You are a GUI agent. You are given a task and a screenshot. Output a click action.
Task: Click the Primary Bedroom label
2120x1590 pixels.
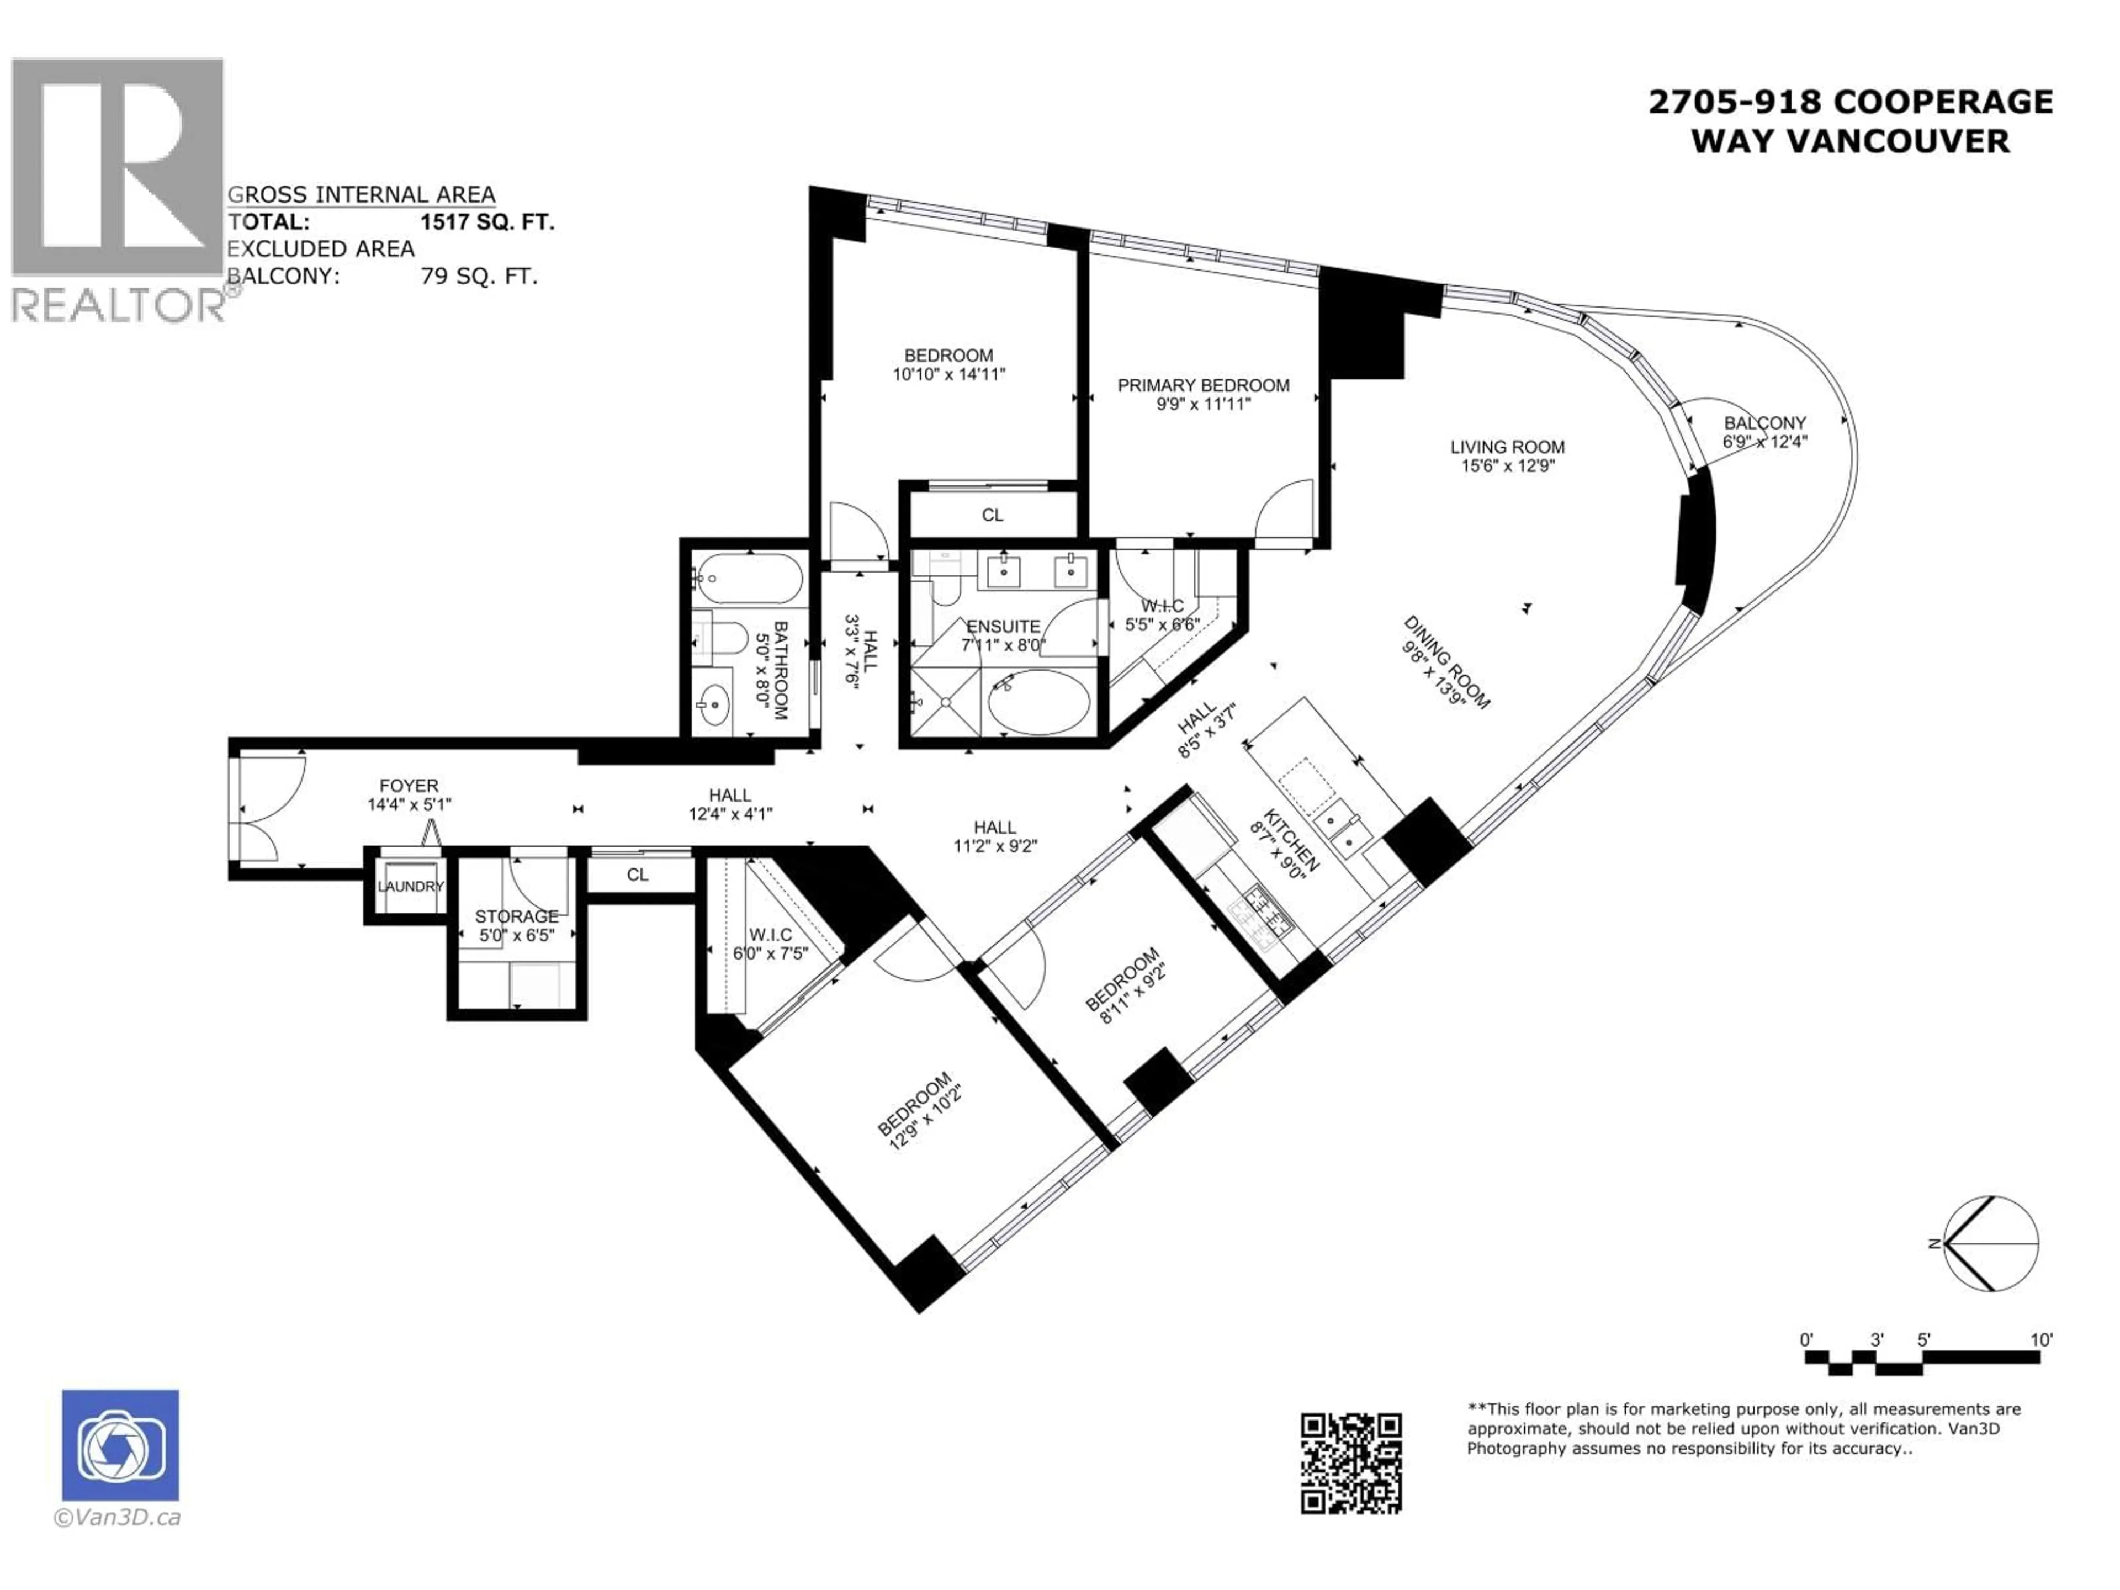(x=1203, y=385)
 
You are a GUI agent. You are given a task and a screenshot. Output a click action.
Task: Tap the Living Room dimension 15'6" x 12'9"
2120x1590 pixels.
(x=1507, y=466)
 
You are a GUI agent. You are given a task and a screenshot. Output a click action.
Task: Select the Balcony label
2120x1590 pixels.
(x=1764, y=423)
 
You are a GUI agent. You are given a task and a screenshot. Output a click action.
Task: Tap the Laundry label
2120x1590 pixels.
(x=410, y=887)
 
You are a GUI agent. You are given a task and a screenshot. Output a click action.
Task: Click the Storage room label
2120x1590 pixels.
(x=517, y=916)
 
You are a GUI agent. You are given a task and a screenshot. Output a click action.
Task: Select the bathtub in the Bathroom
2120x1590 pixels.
(x=749, y=578)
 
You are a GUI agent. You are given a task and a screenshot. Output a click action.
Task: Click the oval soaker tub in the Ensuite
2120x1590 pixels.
(x=1039, y=702)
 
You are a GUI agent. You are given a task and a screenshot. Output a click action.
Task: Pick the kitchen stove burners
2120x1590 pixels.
(x=1267, y=911)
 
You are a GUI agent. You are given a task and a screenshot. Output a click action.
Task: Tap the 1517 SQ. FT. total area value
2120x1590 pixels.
(x=487, y=222)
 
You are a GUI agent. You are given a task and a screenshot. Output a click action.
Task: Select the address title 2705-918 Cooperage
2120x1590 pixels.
(x=1849, y=102)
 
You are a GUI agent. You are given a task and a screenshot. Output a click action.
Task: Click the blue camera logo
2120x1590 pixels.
(x=120, y=1444)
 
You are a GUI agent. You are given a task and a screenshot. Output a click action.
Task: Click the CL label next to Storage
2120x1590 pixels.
(x=637, y=874)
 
